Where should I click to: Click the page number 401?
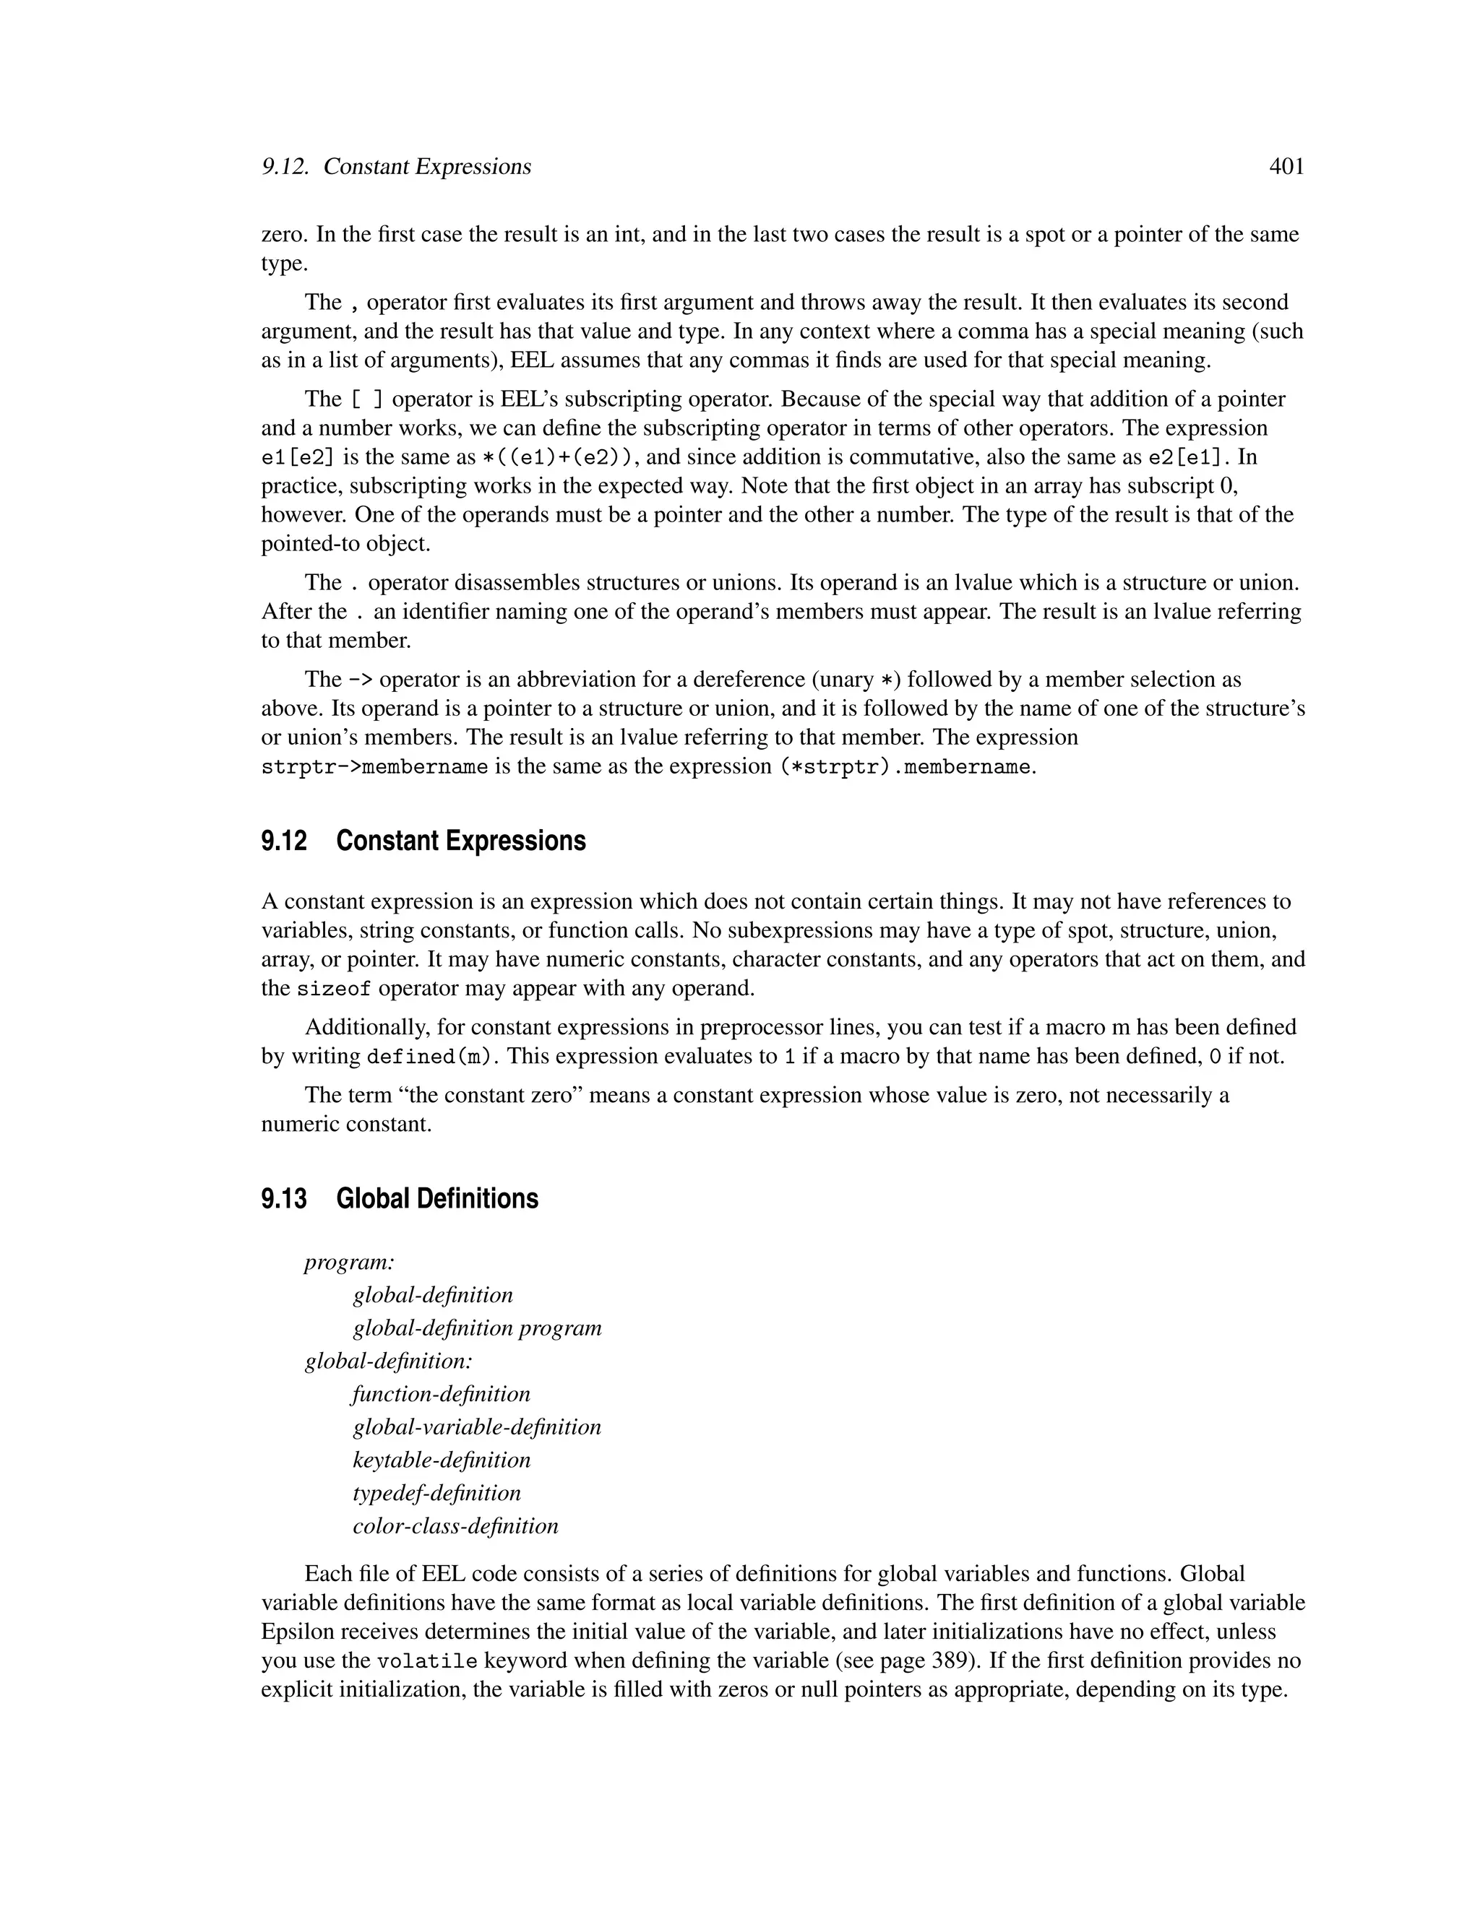point(1286,167)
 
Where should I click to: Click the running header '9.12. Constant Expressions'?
point(396,167)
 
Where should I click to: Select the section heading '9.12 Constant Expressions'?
point(423,841)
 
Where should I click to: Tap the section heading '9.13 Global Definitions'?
point(399,1198)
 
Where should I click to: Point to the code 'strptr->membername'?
point(374,767)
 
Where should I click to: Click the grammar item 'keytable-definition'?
point(442,1460)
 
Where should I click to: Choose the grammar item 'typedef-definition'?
point(436,1494)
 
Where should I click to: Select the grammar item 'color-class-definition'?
point(455,1527)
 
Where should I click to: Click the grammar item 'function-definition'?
point(442,1394)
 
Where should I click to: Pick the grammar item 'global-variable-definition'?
point(477,1428)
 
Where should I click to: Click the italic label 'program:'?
point(349,1262)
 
